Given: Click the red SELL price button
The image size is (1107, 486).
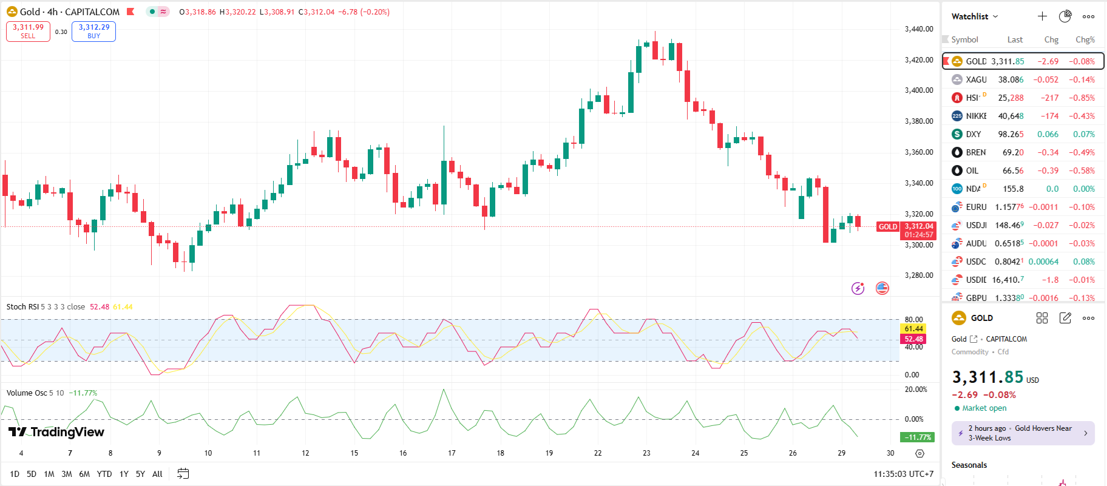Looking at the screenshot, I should pyautogui.click(x=28, y=31).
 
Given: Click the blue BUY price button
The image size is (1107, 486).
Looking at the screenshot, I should pyautogui.click(x=93, y=31).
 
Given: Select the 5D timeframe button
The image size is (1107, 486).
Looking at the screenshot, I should pyautogui.click(x=32, y=474).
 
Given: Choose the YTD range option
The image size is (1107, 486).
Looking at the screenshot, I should pyautogui.click(x=104, y=474).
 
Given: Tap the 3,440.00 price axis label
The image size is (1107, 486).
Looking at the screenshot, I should pyautogui.click(x=919, y=29).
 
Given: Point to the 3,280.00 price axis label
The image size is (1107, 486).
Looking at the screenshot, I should pyautogui.click(x=919, y=275).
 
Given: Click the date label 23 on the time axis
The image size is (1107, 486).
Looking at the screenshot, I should pyautogui.click(x=646, y=453).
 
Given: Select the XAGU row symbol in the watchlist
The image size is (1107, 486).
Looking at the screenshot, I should pyautogui.click(x=976, y=79).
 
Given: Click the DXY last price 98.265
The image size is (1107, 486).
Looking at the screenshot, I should pyautogui.click(x=1011, y=134).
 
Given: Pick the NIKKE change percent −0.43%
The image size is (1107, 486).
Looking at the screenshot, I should pyautogui.click(x=1082, y=116).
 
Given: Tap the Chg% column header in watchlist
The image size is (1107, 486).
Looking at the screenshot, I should pyautogui.click(x=1085, y=39).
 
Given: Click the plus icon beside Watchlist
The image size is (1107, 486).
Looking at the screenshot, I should pyautogui.click(x=1042, y=16).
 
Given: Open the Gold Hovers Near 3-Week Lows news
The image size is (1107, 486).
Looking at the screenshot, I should pyautogui.click(x=1023, y=433).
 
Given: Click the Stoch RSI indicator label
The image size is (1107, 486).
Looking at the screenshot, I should pyautogui.click(x=23, y=307).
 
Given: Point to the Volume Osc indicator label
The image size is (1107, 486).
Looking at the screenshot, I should pyautogui.click(x=27, y=393).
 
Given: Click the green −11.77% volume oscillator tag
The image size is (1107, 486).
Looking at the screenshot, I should pyautogui.click(x=917, y=437).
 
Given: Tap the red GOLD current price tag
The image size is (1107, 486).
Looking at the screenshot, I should pyautogui.click(x=888, y=227).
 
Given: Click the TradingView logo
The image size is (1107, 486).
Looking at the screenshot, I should pyautogui.click(x=56, y=432).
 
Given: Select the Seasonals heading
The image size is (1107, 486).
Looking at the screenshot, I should pyautogui.click(x=969, y=465).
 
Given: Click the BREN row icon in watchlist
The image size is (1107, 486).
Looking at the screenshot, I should pyautogui.click(x=957, y=152).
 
